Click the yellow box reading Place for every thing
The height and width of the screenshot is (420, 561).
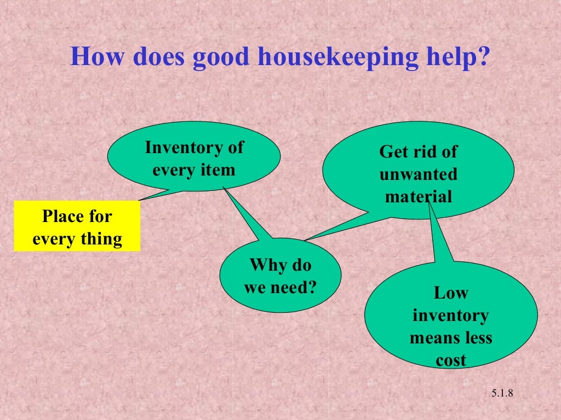[x=77, y=226]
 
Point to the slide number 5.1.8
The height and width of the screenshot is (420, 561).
[x=501, y=394]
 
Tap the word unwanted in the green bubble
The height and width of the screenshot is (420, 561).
[x=418, y=174]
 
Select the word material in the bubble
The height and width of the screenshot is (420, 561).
[x=419, y=196]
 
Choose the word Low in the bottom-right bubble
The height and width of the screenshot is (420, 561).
[x=451, y=293]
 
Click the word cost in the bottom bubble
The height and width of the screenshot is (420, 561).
[x=451, y=360]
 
